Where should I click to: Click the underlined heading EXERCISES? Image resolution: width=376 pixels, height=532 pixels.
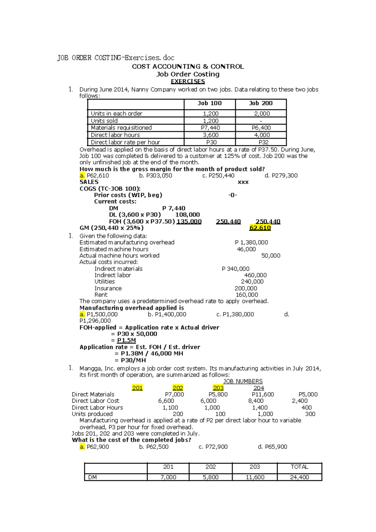[x=188, y=82]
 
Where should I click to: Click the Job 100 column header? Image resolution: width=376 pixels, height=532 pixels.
[x=209, y=103]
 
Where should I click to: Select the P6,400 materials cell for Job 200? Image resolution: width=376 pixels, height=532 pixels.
[x=261, y=128]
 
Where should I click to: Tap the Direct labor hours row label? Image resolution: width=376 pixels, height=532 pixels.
[x=115, y=135]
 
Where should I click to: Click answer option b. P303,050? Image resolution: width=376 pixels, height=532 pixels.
[x=156, y=176]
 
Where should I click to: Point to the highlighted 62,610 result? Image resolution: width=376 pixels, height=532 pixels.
[x=260, y=228]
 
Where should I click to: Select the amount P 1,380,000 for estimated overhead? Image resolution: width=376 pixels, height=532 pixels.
[x=251, y=242]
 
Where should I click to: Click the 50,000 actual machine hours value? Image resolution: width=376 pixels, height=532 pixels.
[x=271, y=256]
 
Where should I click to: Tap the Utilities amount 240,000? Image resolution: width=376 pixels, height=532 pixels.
[x=252, y=282]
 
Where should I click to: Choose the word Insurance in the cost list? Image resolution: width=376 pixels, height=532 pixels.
[x=108, y=288]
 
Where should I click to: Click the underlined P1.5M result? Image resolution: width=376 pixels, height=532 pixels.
[x=127, y=340]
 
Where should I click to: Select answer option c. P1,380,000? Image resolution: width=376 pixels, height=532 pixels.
[x=235, y=314]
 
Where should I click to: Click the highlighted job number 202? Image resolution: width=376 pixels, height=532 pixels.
[x=178, y=388]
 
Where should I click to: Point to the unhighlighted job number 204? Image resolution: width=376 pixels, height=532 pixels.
[x=258, y=388]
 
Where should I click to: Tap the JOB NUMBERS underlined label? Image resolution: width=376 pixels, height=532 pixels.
[x=243, y=381]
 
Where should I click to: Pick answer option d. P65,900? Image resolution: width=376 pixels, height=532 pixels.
[x=272, y=447]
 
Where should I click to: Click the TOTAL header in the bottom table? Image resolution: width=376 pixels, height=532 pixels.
[x=299, y=467]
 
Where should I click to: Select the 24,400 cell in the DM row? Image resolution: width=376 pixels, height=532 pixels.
[x=299, y=477]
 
